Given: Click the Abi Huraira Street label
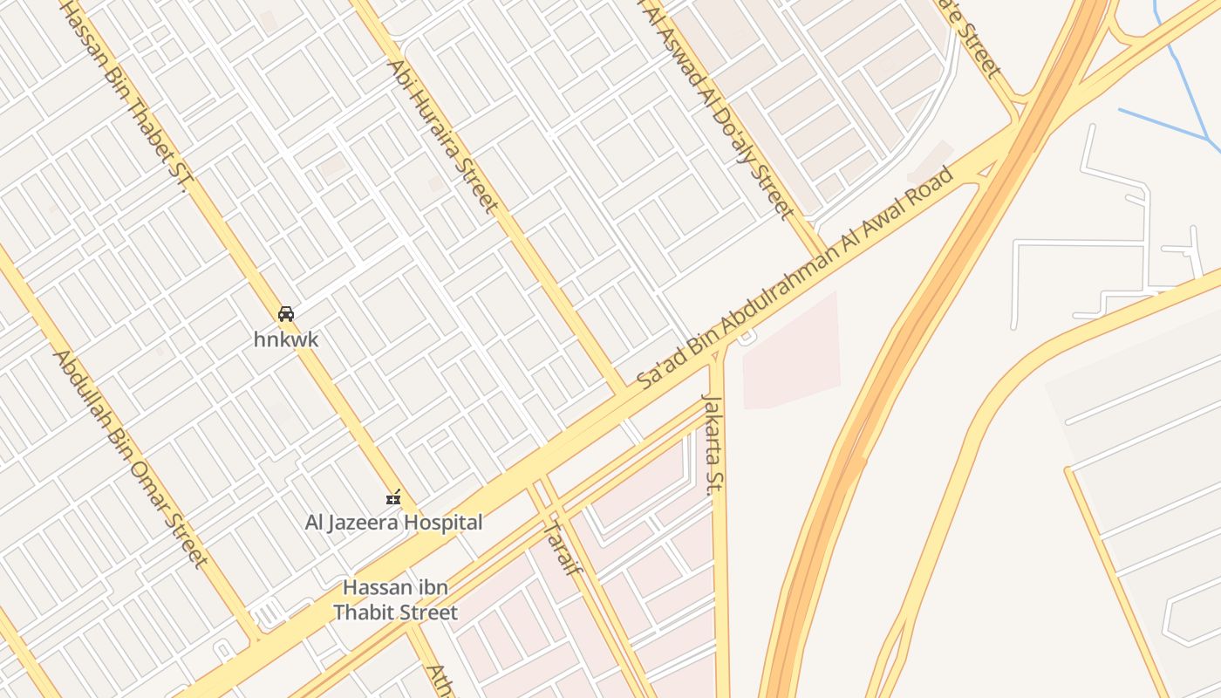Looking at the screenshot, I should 443,136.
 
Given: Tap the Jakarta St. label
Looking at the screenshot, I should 714,445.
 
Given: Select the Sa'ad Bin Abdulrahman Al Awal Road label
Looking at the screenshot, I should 795,280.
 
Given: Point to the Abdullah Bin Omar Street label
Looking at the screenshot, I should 129,458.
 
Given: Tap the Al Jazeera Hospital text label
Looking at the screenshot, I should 393,523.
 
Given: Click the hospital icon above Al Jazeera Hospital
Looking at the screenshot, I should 393,498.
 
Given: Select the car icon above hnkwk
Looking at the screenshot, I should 286,314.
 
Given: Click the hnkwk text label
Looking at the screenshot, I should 286,339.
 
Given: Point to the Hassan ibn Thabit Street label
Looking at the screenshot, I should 395,599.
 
